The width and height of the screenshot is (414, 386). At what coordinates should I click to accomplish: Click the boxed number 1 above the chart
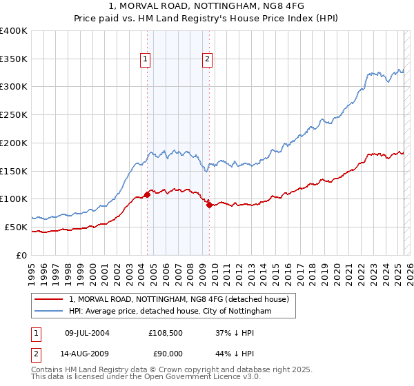pyautogui.click(x=146, y=60)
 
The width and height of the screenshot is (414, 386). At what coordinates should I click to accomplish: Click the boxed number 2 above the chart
pyautogui.click(x=208, y=60)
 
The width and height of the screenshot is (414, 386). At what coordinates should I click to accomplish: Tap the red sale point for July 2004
pyautogui.click(x=147, y=194)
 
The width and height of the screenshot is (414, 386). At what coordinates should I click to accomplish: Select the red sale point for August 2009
pyautogui.click(x=209, y=205)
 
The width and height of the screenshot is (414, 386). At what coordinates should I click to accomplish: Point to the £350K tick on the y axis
pyautogui.click(x=14, y=59)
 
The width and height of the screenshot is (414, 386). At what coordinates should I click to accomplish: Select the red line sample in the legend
pyautogui.click(x=49, y=300)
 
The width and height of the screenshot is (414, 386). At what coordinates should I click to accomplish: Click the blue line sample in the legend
pyautogui.click(x=49, y=312)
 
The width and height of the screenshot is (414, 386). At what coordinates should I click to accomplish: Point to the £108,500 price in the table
pyautogui.click(x=164, y=333)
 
